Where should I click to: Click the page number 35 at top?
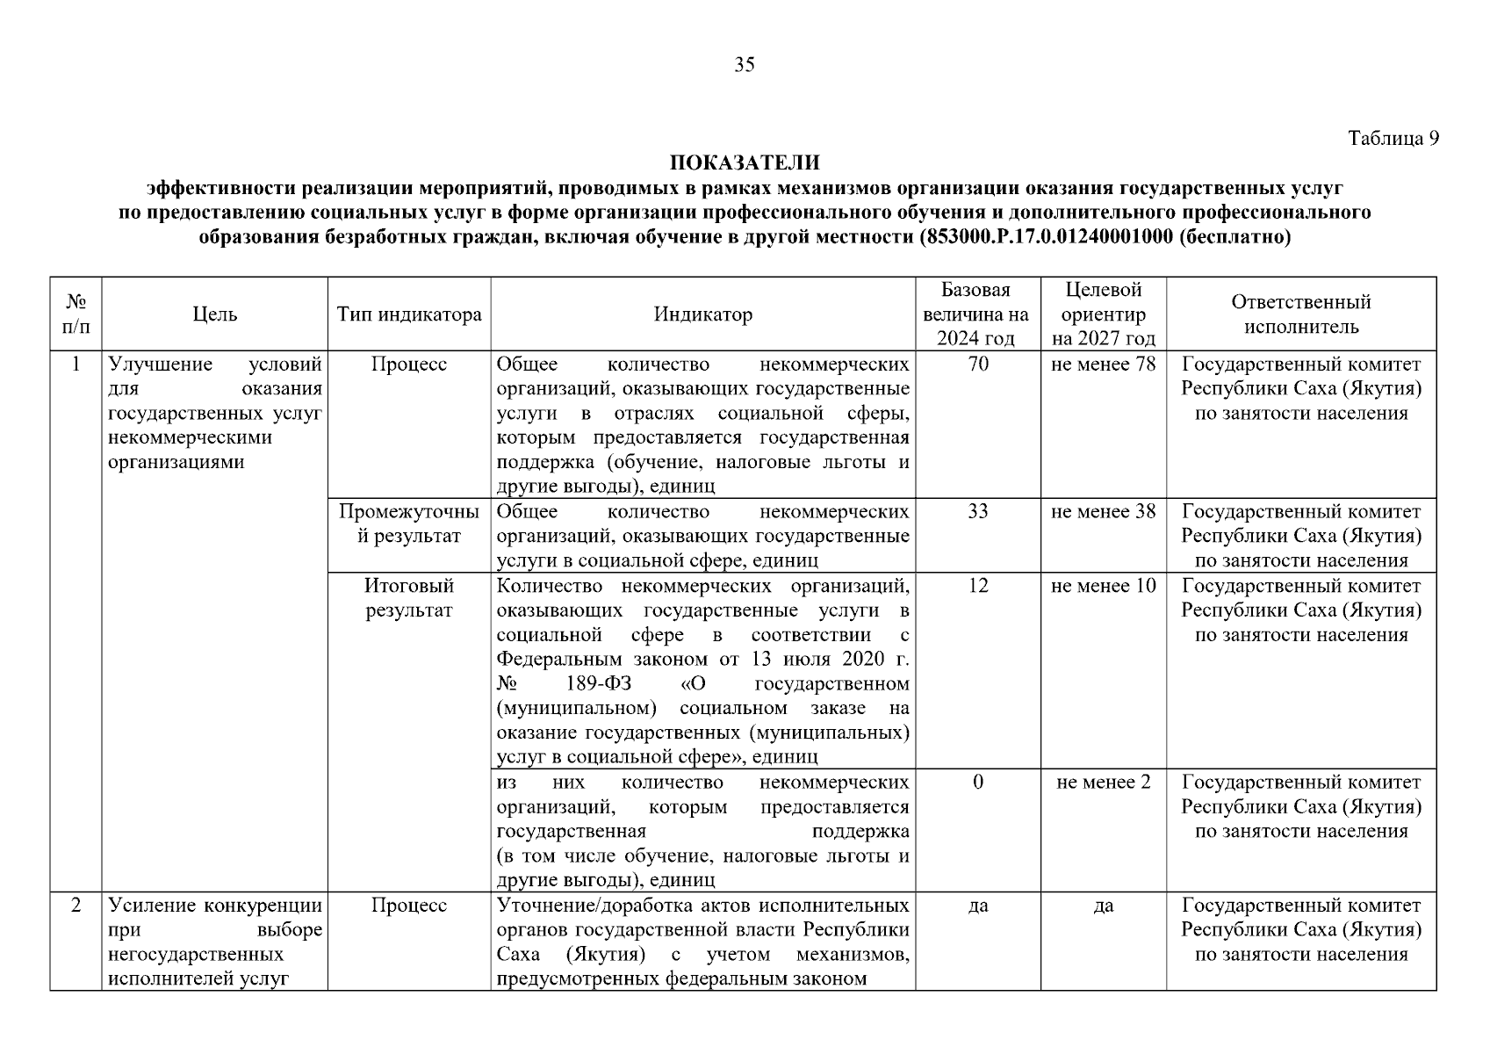(744, 64)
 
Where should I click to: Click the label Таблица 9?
(1393, 138)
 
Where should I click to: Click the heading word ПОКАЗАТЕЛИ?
(745, 163)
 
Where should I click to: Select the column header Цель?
(215, 314)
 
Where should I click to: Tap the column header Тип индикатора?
(409, 314)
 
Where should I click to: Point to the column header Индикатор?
(702, 314)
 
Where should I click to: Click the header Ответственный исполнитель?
(1301, 314)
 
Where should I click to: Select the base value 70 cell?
(977, 364)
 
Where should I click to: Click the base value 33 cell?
(977, 511)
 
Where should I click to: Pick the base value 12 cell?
(977, 586)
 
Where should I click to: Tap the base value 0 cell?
(977, 782)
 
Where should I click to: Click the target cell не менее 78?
(1103, 364)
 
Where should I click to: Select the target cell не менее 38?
(1103, 511)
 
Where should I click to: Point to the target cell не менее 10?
(1103, 586)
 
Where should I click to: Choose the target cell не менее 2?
(1103, 782)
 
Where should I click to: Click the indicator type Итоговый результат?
(409, 597)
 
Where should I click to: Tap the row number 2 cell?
(76, 905)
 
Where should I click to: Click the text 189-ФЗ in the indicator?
(601, 683)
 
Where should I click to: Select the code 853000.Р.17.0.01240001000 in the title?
(1048, 237)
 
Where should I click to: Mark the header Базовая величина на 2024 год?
(977, 314)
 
